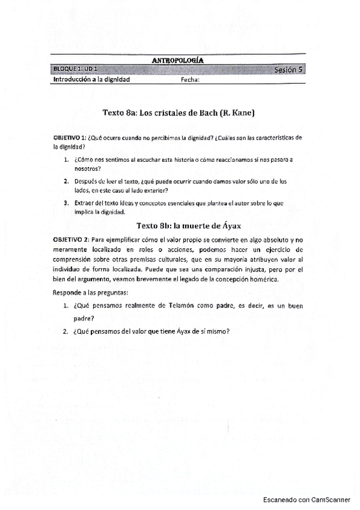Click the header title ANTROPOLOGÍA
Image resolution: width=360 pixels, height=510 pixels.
(178, 60)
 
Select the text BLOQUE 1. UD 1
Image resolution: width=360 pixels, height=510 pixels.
(75, 69)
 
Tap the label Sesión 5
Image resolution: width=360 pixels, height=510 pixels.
(288, 70)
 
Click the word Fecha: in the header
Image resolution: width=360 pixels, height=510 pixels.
(190, 79)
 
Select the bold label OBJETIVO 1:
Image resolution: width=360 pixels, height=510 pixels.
(70, 138)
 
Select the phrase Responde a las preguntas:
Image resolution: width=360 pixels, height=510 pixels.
(90, 292)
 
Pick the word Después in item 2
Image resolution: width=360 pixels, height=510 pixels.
(86, 181)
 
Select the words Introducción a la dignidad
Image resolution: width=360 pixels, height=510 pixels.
(91, 79)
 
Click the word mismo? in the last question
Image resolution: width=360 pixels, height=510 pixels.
(219, 331)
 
